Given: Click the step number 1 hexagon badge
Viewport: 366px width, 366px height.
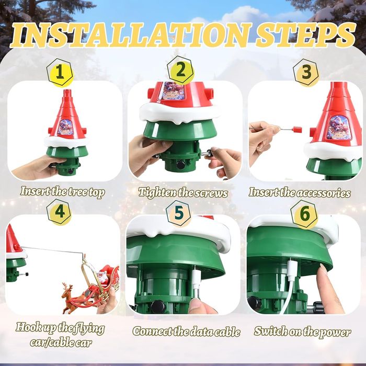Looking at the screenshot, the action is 60,72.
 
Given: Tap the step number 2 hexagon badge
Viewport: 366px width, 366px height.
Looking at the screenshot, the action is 180,70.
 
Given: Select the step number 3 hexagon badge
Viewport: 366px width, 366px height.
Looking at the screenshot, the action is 306,72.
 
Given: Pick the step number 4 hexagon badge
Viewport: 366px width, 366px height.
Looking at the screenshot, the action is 59,212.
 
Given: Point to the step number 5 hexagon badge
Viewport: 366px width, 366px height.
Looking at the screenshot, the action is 179,213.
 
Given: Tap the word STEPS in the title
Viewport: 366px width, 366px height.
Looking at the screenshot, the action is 305,35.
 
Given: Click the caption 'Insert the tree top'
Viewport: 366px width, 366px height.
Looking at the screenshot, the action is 63,192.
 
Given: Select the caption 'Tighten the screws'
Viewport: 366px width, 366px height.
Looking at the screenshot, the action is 183,193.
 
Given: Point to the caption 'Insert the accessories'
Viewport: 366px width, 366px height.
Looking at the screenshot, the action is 300,192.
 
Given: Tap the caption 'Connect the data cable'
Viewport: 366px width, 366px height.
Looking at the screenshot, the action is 186,331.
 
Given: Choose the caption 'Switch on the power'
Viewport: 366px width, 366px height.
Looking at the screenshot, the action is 302,331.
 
